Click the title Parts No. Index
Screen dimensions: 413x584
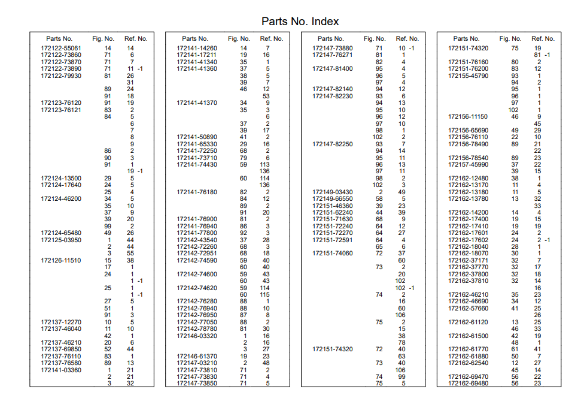(x=300, y=22)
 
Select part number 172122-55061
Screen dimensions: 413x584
(x=61, y=48)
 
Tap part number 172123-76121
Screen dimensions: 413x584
(x=61, y=110)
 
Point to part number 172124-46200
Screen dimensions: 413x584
(x=61, y=198)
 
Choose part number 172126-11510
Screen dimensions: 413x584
(x=61, y=261)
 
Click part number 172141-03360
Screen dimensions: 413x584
(x=61, y=370)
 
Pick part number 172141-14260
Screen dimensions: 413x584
(x=197, y=48)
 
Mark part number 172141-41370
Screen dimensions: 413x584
(x=197, y=103)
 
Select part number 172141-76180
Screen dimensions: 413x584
(x=197, y=192)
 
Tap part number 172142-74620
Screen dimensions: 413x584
(x=197, y=288)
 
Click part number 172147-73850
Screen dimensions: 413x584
(x=197, y=384)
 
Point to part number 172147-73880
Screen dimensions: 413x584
(x=333, y=48)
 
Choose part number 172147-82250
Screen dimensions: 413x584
(x=333, y=144)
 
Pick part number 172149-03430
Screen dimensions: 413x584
(x=333, y=192)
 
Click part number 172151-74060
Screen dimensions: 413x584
(x=333, y=254)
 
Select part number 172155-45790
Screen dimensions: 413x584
(x=469, y=76)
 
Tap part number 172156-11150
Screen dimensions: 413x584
(x=469, y=116)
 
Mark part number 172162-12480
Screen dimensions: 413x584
(x=469, y=178)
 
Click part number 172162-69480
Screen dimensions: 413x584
(x=469, y=384)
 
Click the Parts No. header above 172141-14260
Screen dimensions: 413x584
(x=195, y=38)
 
